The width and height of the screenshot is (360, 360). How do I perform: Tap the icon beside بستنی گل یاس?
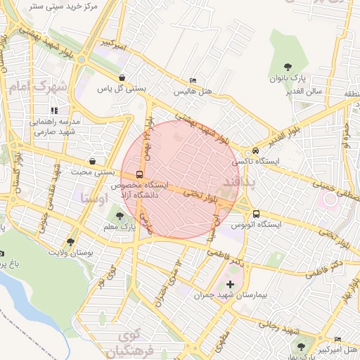point(123,78)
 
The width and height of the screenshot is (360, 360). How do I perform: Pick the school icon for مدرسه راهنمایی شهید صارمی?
point(54,110)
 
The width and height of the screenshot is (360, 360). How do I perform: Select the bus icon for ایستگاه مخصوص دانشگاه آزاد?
point(139,174)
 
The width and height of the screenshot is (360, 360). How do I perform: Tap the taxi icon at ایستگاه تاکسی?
point(255,150)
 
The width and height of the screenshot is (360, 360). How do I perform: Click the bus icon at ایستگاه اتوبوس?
point(256,214)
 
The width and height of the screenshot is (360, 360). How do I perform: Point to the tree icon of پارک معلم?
point(120,216)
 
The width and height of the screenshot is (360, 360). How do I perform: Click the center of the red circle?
point(181,179)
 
